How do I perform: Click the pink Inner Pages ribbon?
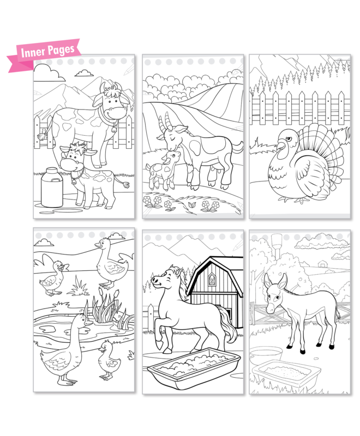[45, 55]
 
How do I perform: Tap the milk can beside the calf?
[52, 187]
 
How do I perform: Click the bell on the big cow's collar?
[114, 129]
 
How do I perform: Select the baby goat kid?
[163, 169]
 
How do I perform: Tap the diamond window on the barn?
[212, 279]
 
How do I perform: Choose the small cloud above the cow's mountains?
[85, 73]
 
